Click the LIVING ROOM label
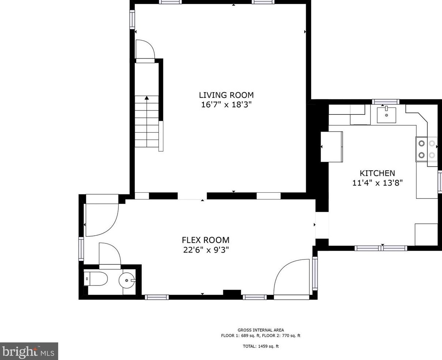(226, 95)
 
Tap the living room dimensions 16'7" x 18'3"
(226, 105)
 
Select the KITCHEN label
(377, 173)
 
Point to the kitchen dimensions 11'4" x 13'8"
(377, 183)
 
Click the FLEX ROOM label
(206, 240)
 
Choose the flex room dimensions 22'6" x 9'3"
(206, 250)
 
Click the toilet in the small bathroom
(95, 278)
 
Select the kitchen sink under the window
(386, 115)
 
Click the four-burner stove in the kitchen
(426, 149)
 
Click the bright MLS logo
(29, 351)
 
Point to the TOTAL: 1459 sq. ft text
(261, 346)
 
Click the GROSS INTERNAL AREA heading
(261, 330)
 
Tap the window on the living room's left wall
(132, 20)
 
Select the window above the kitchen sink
(385, 102)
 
